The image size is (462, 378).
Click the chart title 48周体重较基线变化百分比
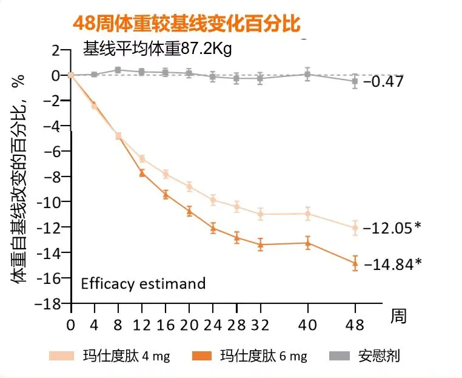click(x=186, y=23)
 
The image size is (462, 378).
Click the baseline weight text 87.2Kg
click(x=158, y=49)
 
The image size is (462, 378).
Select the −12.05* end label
click(x=391, y=229)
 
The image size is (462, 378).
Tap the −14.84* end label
click(x=391, y=264)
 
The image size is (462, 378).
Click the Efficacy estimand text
click(x=143, y=283)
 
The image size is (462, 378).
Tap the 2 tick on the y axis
click(x=58, y=50)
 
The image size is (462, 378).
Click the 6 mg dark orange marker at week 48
click(x=355, y=263)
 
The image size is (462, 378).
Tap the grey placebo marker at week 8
click(x=118, y=70)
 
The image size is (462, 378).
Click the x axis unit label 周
click(x=397, y=316)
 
